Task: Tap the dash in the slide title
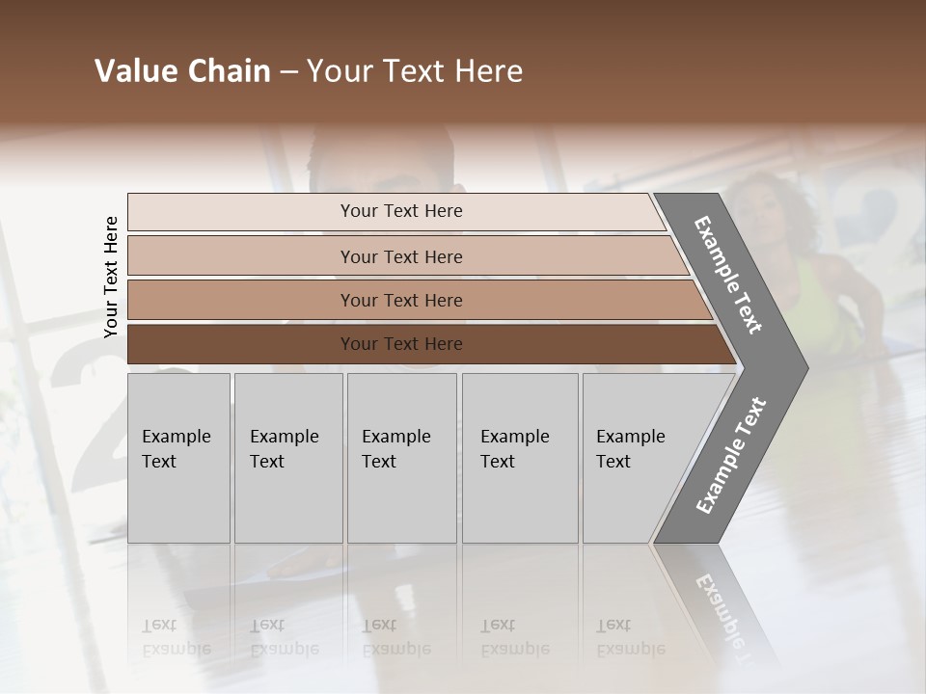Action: (288, 72)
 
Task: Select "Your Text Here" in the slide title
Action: (415, 71)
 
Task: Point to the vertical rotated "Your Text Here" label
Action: (111, 278)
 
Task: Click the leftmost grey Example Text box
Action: (178, 458)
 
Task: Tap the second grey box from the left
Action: (288, 458)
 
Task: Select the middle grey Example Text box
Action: (401, 458)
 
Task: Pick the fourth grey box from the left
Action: (520, 458)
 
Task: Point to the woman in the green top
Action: (810, 260)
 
